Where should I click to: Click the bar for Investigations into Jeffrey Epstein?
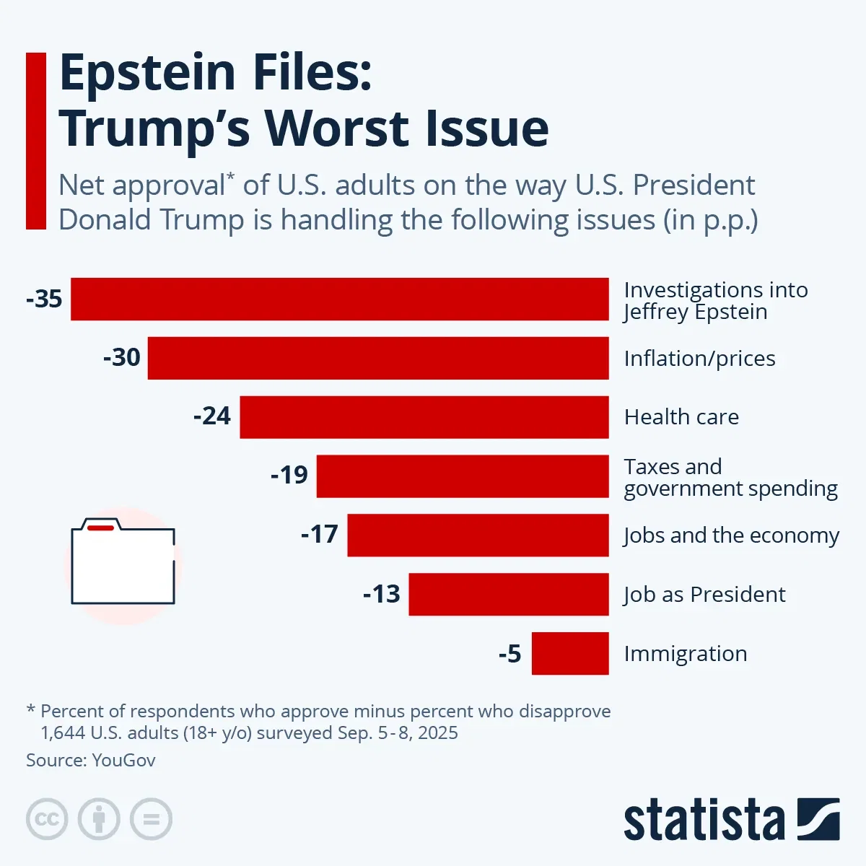pos(339,299)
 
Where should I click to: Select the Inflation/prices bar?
pos(378,358)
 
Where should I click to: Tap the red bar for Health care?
pos(424,417)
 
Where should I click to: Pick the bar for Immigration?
pos(570,653)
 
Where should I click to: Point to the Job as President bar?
pos(509,594)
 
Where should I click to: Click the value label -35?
pos(44,299)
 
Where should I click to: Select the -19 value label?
pos(289,476)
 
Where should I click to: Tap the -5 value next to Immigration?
pos(509,654)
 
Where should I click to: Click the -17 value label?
pos(319,535)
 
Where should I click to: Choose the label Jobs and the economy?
pos(731,535)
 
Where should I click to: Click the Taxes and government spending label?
pos(730,478)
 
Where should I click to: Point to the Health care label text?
pos(681,417)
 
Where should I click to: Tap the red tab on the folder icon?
pos(100,528)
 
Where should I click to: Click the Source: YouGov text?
pos(90,760)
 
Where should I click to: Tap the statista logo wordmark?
pos(704,821)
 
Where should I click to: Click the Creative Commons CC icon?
pos(47,819)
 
